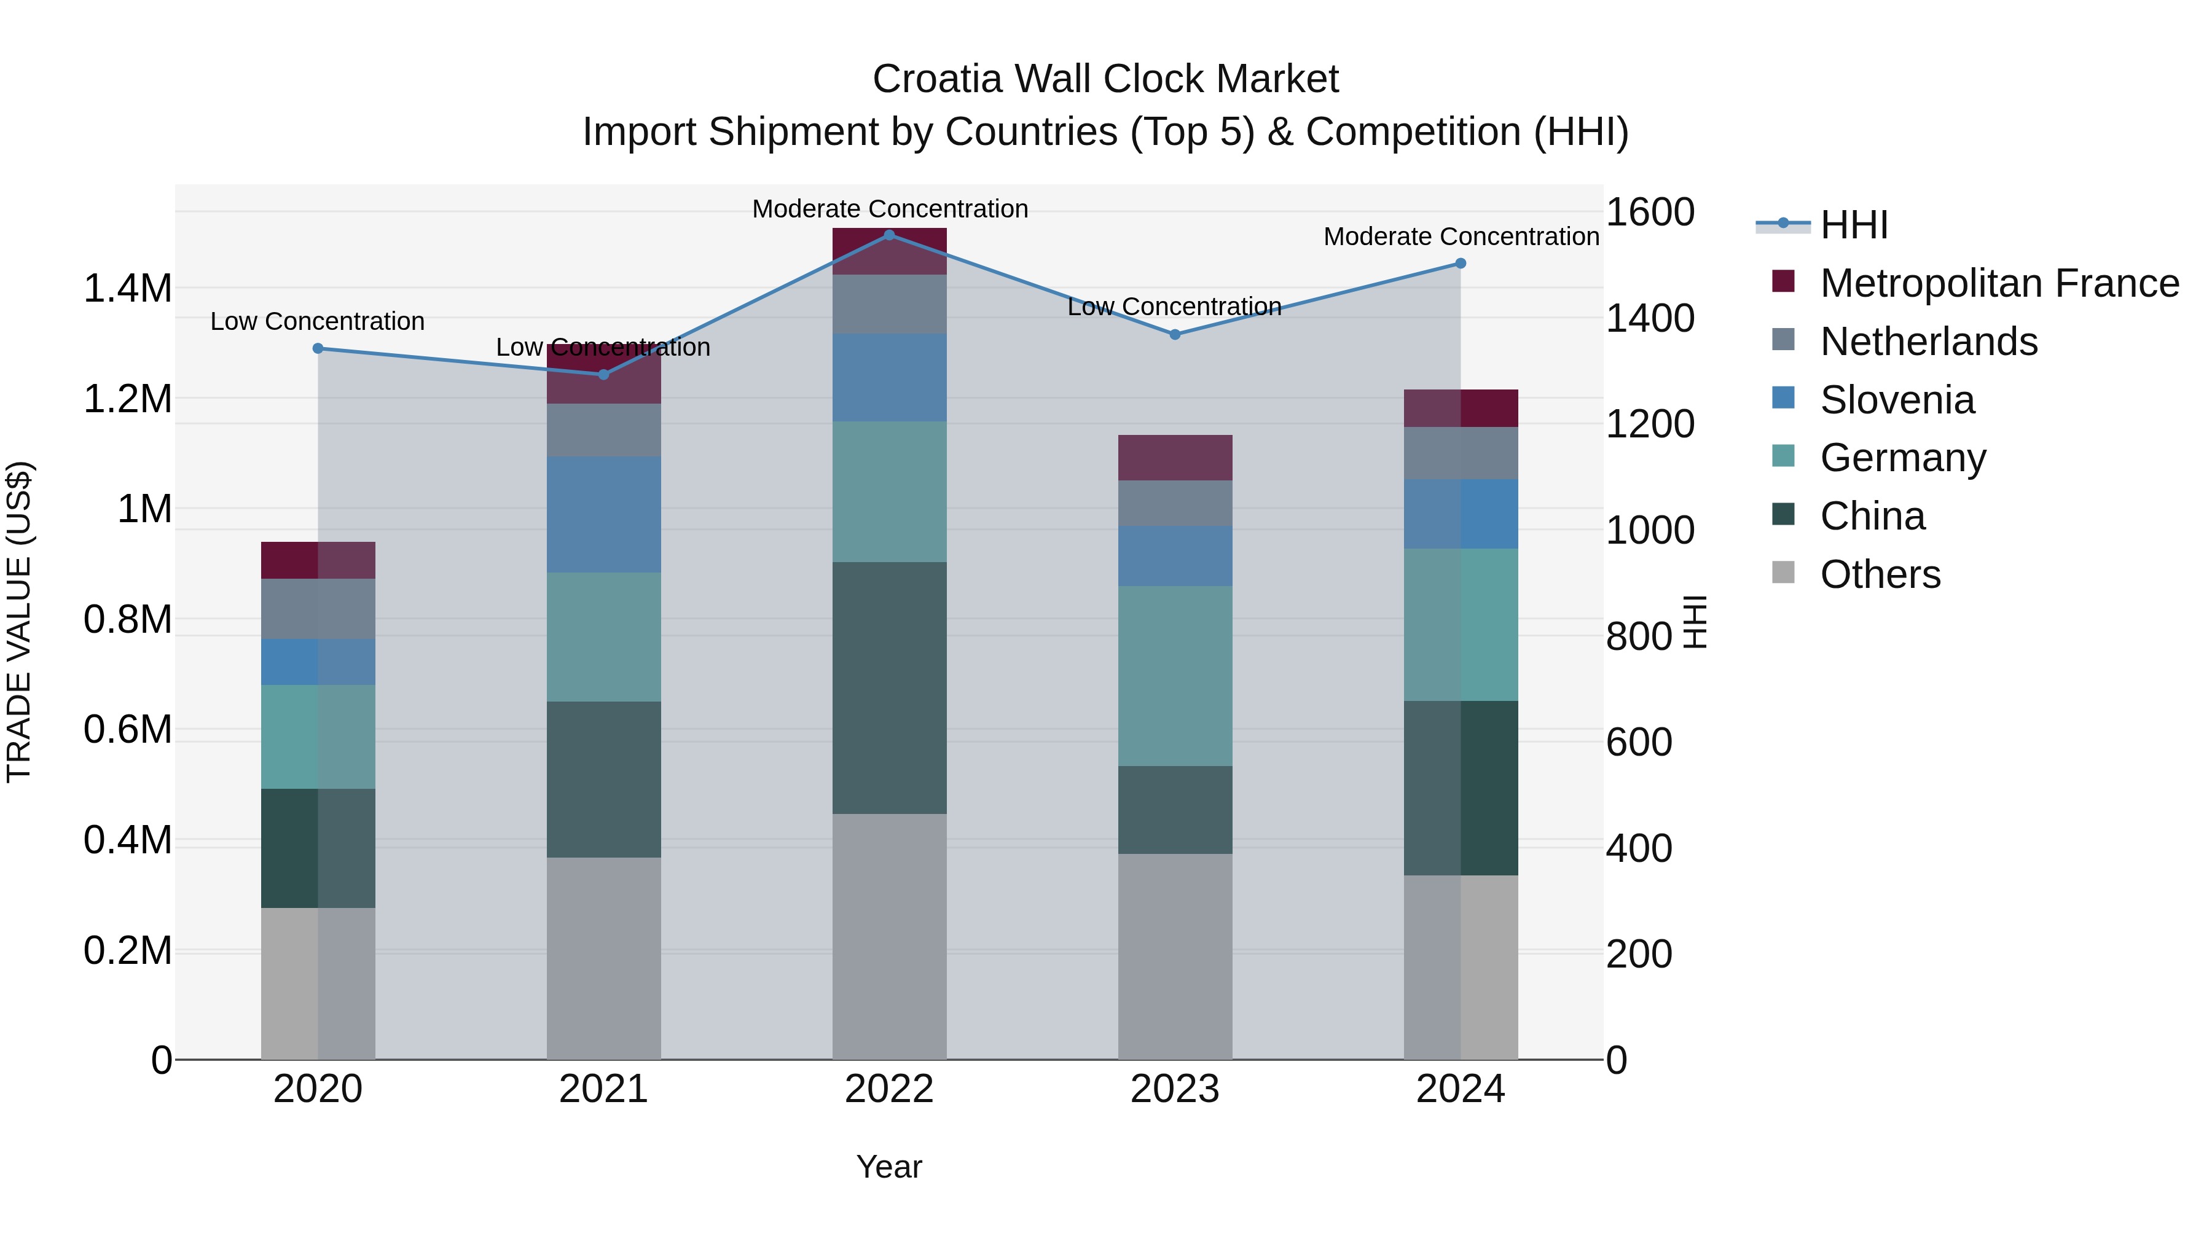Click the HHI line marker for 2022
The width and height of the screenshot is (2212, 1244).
click(x=890, y=235)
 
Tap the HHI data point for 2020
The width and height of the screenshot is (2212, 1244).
click(x=318, y=348)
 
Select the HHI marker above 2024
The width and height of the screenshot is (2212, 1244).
click(x=1461, y=264)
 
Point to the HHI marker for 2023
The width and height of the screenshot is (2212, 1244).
click(x=1175, y=335)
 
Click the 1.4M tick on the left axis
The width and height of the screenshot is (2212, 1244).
click(x=127, y=289)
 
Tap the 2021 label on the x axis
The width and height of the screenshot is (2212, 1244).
click(x=603, y=1089)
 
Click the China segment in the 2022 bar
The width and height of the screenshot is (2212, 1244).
click(x=890, y=687)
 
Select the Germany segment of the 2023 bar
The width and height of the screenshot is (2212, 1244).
click(x=1175, y=676)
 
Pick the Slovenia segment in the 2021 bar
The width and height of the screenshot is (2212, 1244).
click(x=603, y=514)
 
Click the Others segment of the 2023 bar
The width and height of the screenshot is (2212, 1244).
click(x=1175, y=956)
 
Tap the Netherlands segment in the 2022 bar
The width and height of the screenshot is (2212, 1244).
click(x=890, y=304)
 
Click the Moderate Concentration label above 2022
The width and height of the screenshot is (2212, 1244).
click(x=890, y=209)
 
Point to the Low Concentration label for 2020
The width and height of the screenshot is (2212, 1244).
click(x=318, y=321)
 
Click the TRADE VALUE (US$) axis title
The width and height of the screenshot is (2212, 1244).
click(x=19, y=622)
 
